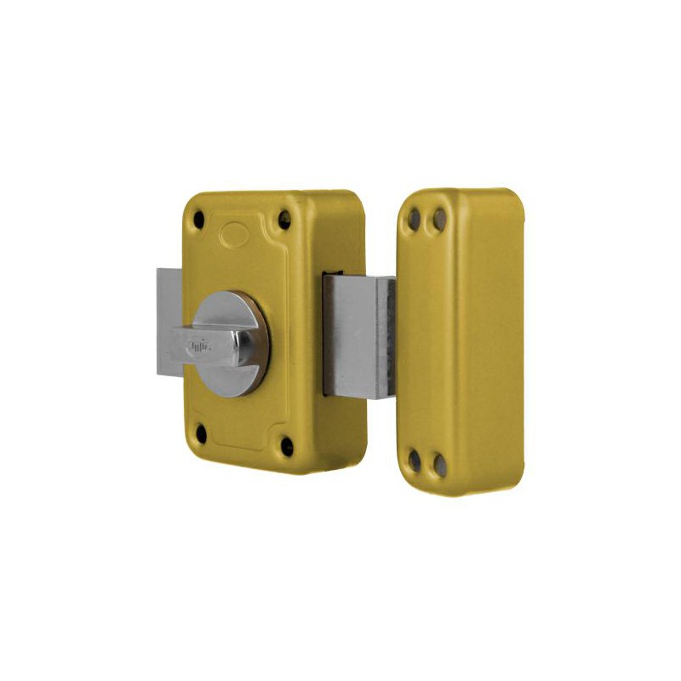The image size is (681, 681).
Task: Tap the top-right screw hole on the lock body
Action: (x=284, y=220)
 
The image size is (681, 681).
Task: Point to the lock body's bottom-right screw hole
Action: (x=287, y=444)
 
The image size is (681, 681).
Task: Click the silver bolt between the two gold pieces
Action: (x=353, y=336)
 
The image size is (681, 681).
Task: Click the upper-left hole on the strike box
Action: (x=414, y=219)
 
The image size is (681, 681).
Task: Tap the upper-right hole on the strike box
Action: (x=439, y=220)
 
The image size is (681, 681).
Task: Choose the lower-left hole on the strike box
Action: (x=414, y=461)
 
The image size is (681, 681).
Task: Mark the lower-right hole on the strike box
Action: (x=439, y=464)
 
